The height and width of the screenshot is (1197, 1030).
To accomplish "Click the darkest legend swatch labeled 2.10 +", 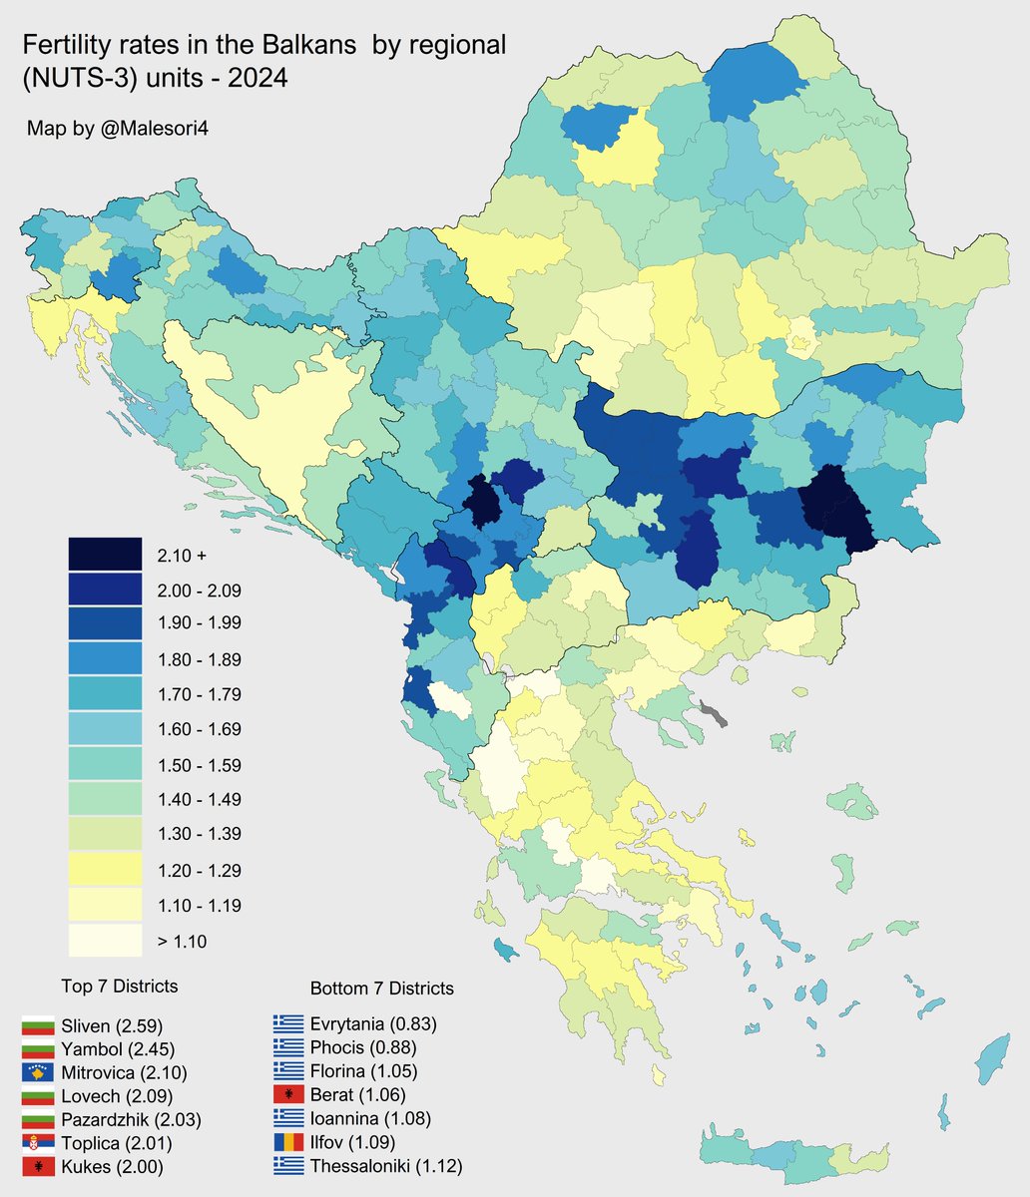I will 105,554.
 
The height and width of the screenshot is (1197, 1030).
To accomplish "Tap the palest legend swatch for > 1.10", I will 105,941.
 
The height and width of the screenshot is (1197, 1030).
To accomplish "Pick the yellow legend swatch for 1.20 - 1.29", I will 105,870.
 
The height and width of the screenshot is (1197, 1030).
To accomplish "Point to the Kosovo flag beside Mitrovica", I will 37,1073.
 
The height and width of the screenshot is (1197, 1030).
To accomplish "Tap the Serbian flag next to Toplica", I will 37,1143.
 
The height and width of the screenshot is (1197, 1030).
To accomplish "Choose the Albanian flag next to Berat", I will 289,1095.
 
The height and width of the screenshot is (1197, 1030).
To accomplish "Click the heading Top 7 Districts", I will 119,987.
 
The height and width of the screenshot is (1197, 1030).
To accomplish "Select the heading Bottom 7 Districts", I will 382,989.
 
